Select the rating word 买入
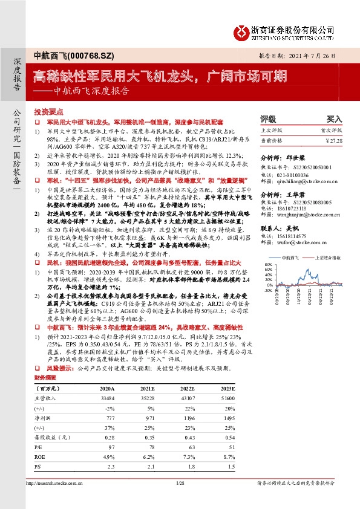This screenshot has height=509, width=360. (334, 119)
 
